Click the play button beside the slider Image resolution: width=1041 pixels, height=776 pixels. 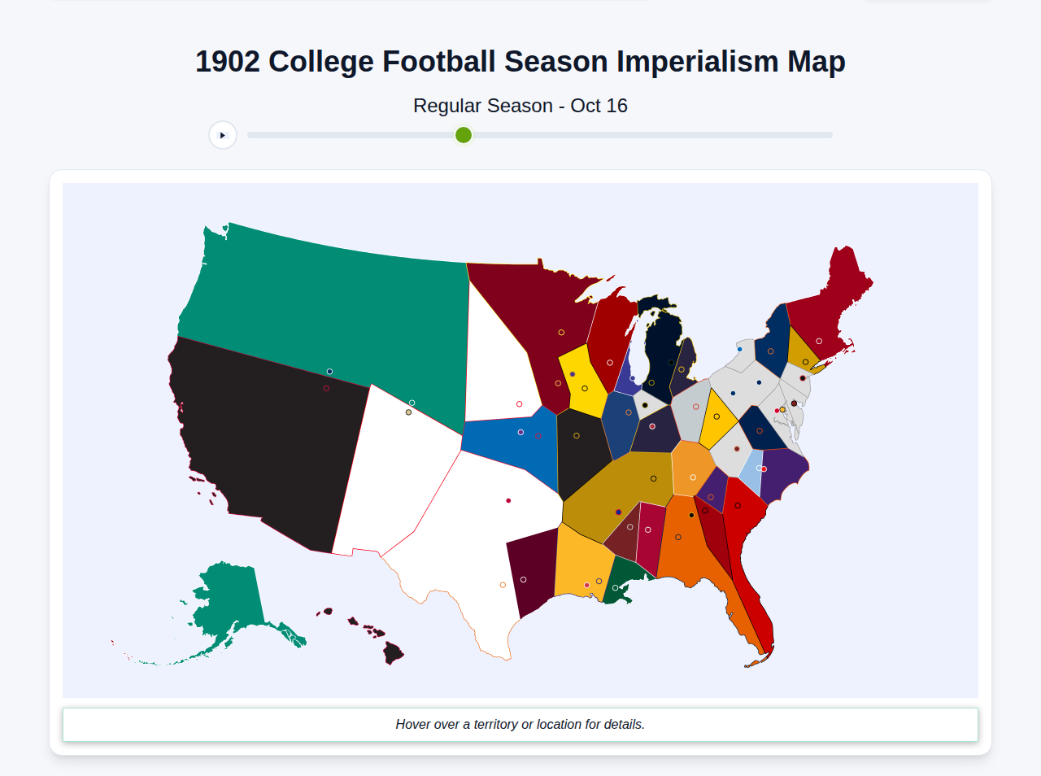pyautogui.click(x=223, y=135)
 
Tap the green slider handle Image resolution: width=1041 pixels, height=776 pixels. pyautogui.click(x=464, y=135)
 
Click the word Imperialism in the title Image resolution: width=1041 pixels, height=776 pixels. pyautogui.click(x=697, y=62)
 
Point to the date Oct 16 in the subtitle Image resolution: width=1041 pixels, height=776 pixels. pyautogui.click(x=599, y=106)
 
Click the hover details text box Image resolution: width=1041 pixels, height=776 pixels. pyautogui.click(x=520, y=724)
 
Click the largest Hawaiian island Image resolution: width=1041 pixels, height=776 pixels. pyautogui.click(x=394, y=652)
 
